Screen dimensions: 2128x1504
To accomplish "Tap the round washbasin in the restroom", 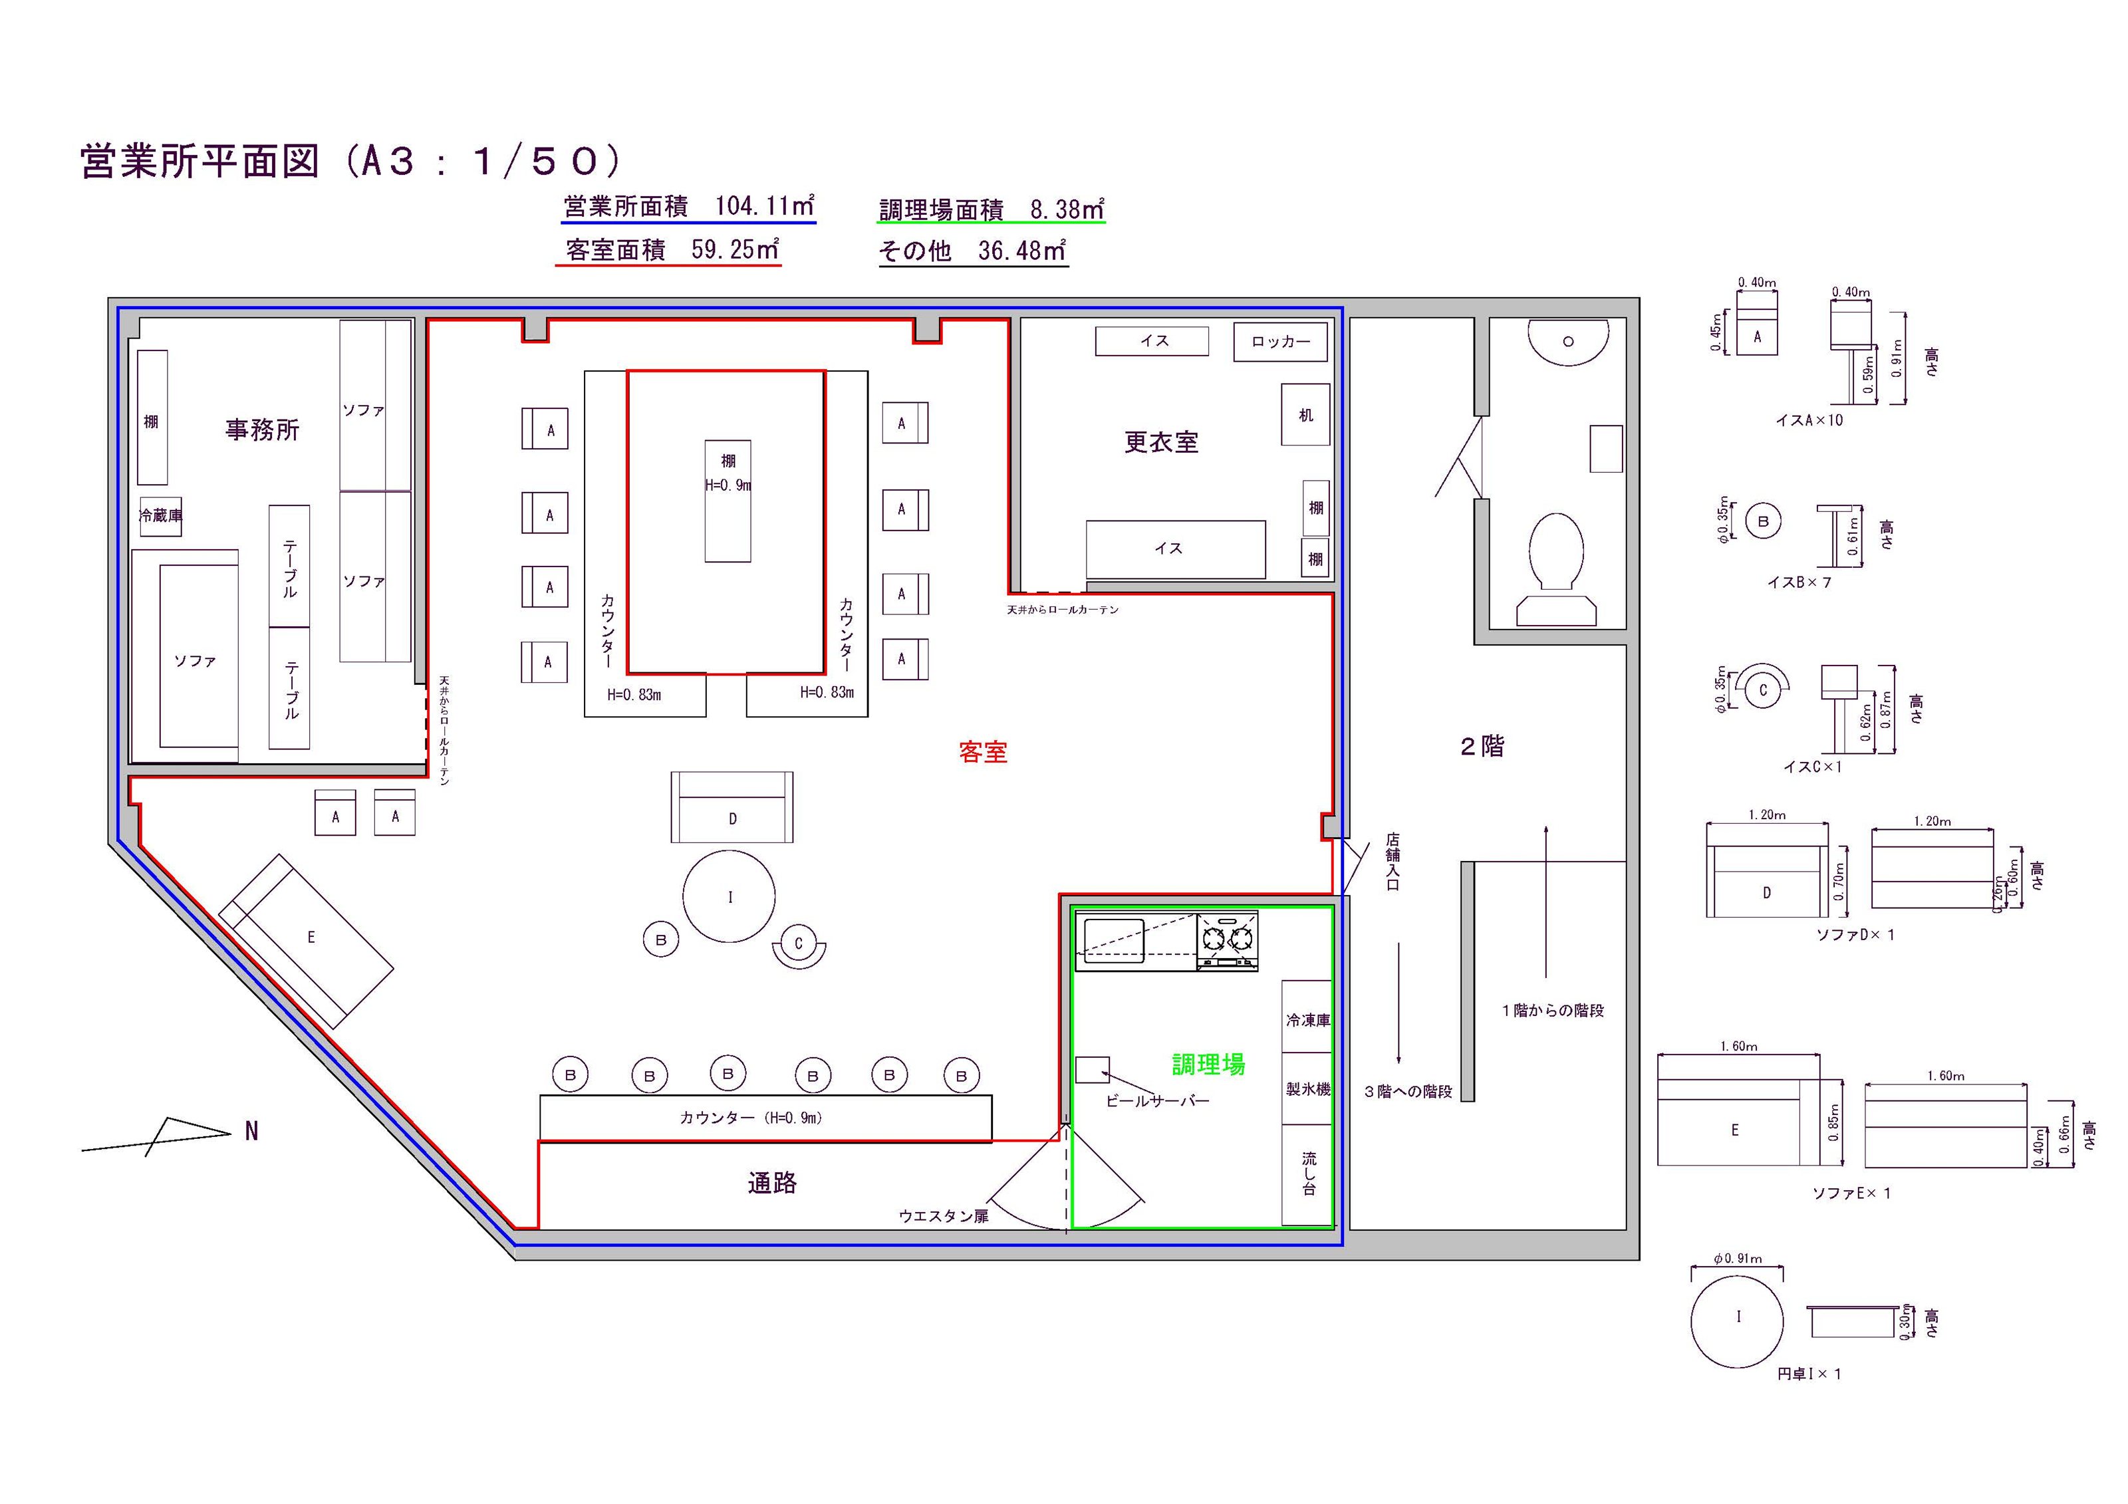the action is click(x=1567, y=342).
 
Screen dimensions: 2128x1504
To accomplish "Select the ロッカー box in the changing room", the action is click(x=1280, y=342).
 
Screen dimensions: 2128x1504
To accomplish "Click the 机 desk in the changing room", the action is click(x=1305, y=414).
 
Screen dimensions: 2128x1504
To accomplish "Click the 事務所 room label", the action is click(x=262, y=430).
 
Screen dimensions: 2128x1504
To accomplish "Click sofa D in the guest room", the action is click(x=732, y=807).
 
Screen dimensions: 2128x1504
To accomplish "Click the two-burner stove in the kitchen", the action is click(x=1227, y=941).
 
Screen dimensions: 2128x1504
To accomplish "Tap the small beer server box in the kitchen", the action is click(x=1092, y=1069).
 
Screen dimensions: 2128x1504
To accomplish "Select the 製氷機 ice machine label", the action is click(x=1307, y=1090).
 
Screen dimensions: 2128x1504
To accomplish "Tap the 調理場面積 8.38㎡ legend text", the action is click(x=991, y=210).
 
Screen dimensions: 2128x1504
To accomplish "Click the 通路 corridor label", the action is click(x=772, y=1184).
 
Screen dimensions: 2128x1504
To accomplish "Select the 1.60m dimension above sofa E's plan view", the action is click(x=1738, y=1047).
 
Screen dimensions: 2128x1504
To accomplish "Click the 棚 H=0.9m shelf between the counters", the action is click(x=728, y=501).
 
